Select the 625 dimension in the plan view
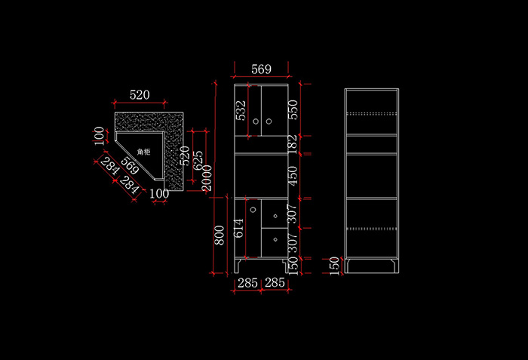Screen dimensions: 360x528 click(198, 160)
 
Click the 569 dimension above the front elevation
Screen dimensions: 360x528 click(261, 69)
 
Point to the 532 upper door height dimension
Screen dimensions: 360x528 click(241, 111)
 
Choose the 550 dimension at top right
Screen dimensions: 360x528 click(294, 111)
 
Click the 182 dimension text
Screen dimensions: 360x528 click(294, 144)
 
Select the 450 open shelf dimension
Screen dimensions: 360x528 click(294, 176)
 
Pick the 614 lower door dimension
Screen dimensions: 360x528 click(240, 228)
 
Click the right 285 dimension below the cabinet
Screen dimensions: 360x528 click(275, 283)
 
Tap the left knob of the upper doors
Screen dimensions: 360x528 click(256, 121)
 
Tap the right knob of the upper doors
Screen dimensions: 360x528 click(269, 121)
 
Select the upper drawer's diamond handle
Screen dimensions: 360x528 click(275, 217)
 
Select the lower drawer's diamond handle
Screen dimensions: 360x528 click(275, 240)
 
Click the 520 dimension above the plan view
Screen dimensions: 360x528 click(140, 95)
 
